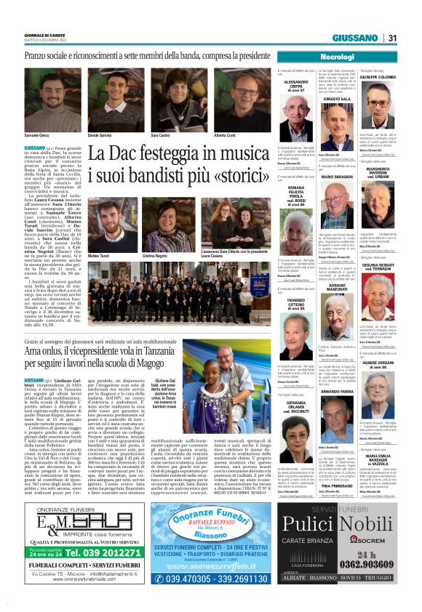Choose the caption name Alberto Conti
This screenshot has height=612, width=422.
[225, 136]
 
